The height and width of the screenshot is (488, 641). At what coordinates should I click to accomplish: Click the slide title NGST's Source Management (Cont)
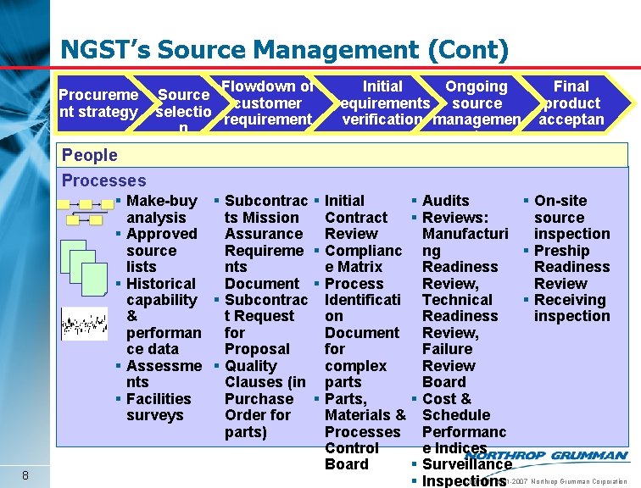pyautogui.click(x=284, y=50)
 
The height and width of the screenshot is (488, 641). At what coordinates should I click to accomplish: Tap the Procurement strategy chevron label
pyautogui.click(x=98, y=103)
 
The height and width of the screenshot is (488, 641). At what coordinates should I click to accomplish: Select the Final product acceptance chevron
pyautogui.click(x=571, y=103)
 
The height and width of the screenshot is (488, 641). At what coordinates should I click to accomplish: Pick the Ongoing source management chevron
pyautogui.click(x=476, y=103)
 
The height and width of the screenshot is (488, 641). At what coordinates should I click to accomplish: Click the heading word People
pyautogui.click(x=89, y=155)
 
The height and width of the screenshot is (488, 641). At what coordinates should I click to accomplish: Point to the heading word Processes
pyautogui.click(x=103, y=180)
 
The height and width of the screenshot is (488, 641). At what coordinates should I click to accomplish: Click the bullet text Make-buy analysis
pyautogui.click(x=161, y=209)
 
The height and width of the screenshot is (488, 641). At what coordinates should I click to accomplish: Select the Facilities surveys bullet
pyautogui.click(x=159, y=407)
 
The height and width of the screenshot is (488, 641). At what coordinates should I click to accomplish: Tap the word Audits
pyautogui.click(x=445, y=201)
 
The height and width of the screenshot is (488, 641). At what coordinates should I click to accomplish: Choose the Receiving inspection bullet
pyautogui.click(x=571, y=308)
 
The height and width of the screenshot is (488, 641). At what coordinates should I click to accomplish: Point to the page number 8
pyautogui.click(x=27, y=474)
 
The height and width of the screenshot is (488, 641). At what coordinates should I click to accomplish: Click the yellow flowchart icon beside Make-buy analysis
pyautogui.click(x=85, y=212)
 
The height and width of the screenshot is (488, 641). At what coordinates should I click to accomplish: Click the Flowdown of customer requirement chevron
pyautogui.click(x=266, y=103)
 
